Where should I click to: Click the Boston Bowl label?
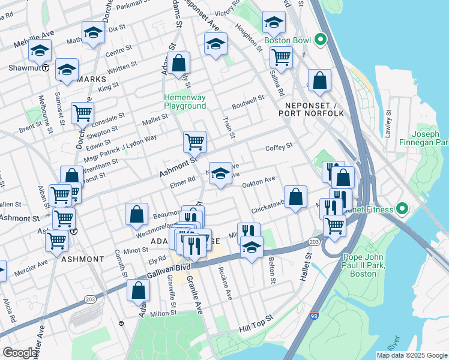click(287, 40)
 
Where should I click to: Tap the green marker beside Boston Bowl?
click(321, 40)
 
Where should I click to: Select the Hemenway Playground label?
click(185, 101)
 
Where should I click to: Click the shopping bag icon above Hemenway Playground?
click(179, 62)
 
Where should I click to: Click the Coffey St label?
click(279, 146)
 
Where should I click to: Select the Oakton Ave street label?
click(258, 179)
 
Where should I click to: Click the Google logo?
click(20, 353)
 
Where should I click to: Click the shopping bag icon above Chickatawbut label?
click(296, 196)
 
